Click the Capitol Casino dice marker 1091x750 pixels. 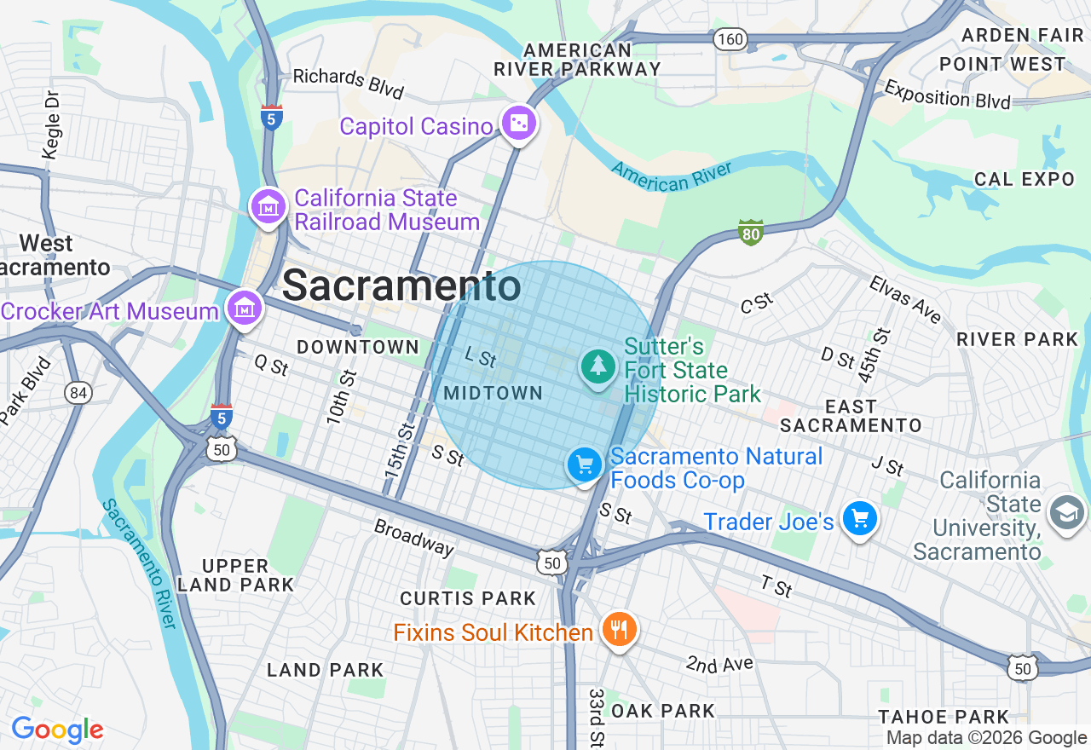tap(518, 124)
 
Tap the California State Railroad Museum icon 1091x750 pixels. tap(268, 206)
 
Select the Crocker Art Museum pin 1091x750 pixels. tap(245, 308)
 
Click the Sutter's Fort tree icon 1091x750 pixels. tap(598, 366)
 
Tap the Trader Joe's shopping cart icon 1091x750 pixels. tap(859, 517)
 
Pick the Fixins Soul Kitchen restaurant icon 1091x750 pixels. tap(620, 631)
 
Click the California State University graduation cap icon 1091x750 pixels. tap(1066, 513)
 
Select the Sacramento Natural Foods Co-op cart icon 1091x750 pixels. tap(585, 465)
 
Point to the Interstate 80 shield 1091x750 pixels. tap(750, 232)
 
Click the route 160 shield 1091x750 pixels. tap(730, 38)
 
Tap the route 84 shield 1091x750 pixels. tap(78, 393)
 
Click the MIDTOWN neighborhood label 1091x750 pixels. tap(493, 393)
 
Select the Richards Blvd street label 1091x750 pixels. tap(348, 82)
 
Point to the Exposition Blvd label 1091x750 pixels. tap(947, 95)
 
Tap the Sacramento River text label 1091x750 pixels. tap(138, 563)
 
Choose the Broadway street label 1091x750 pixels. tap(414, 537)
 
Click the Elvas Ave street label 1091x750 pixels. tap(905, 299)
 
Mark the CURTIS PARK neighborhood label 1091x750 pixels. tap(468, 598)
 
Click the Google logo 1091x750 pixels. tap(57, 730)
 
